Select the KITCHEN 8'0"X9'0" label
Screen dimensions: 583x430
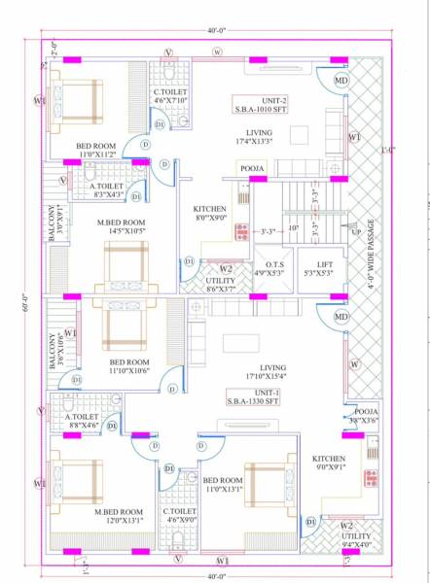pyautogui.click(x=210, y=214)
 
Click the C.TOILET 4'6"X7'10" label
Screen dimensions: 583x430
pyautogui.click(x=169, y=95)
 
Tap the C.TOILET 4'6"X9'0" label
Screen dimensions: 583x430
pyautogui.click(x=179, y=516)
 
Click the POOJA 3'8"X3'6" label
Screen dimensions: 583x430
pyautogui.click(x=366, y=416)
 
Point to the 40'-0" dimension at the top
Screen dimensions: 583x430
pyautogui.click(x=216, y=31)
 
